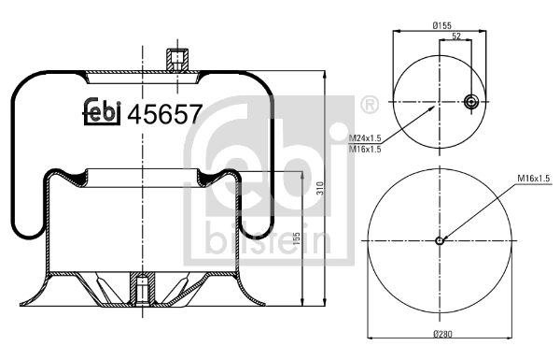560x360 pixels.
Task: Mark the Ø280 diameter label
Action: (441, 335)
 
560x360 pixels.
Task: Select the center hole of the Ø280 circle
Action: (441, 240)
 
